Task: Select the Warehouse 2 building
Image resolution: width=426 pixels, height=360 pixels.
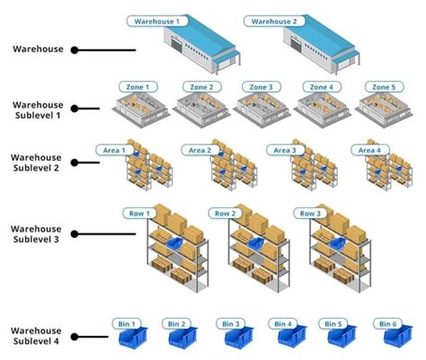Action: coord(318,46)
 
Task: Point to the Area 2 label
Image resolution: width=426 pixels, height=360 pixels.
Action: coord(197,150)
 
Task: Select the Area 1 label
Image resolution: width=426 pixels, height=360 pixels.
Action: coord(111,150)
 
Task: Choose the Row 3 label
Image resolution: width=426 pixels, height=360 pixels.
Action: coord(308,214)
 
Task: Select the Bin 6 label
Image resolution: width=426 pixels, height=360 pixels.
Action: coord(387,323)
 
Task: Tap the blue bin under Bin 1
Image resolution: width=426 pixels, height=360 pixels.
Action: coord(129,337)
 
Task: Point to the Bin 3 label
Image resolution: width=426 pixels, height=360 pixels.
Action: coord(231,323)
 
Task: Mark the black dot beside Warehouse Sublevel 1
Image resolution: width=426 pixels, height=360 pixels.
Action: coord(75,109)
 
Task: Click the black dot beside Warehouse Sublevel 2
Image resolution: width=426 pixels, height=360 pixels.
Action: coord(75,162)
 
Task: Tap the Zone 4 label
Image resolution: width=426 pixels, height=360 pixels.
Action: coord(320,87)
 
